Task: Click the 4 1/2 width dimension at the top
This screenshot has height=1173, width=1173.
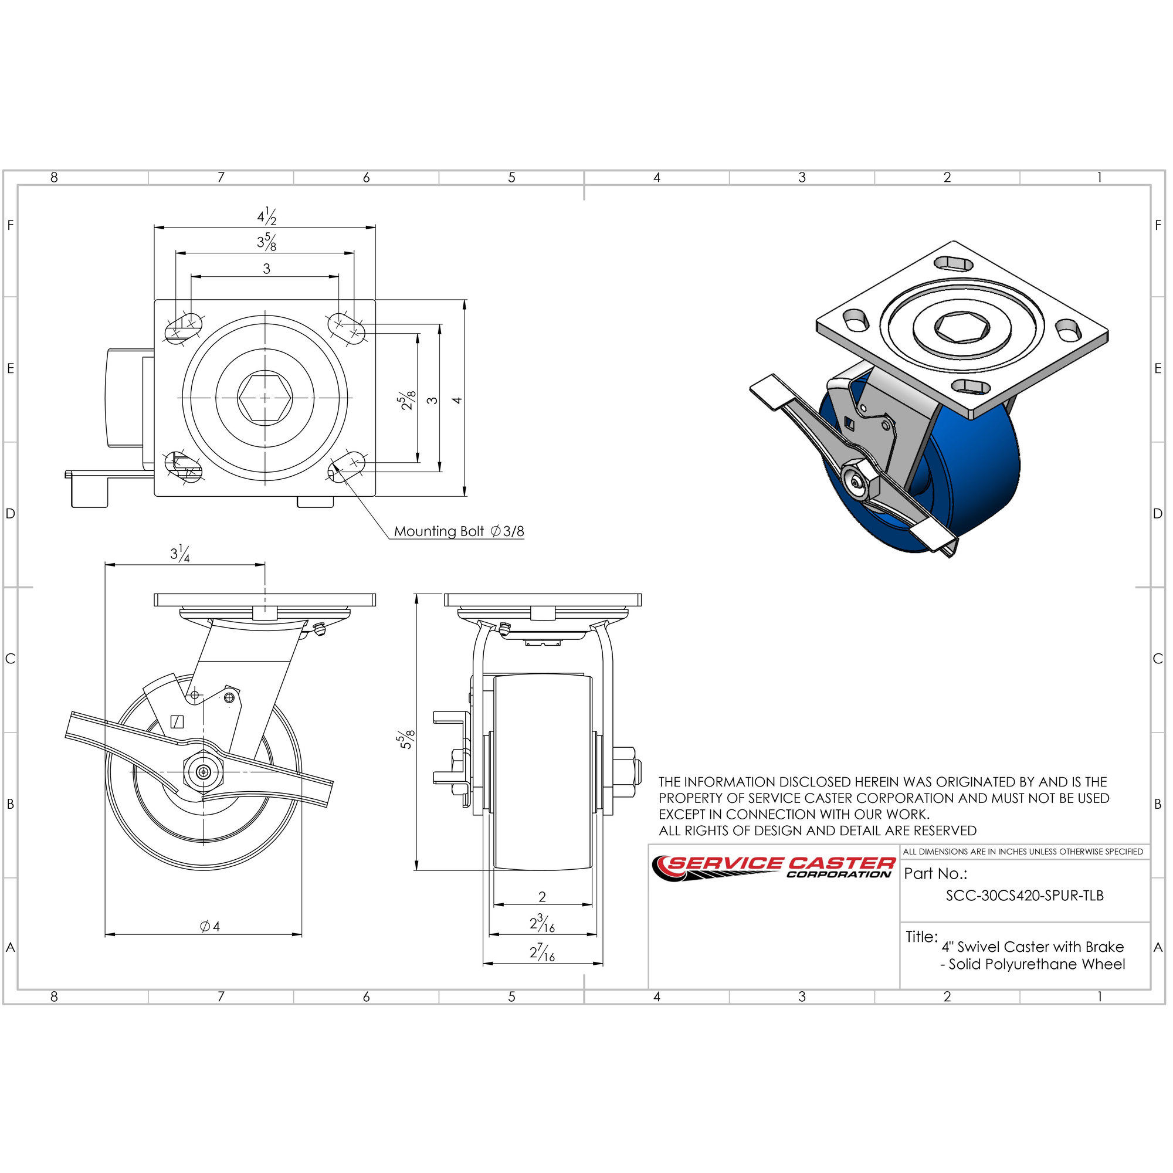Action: pos(266,216)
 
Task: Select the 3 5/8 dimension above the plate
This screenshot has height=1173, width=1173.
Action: pos(266,242)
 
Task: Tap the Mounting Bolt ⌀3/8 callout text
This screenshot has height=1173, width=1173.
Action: pos(459,532)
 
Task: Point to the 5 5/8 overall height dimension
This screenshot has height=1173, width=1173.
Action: pos(406,739)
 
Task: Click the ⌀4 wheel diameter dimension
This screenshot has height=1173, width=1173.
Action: pos(210,926)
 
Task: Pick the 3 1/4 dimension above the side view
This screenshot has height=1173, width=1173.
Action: pos(179,553)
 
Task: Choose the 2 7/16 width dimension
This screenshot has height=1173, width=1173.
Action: pos(542,952)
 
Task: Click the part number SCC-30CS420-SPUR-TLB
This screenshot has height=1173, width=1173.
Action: pos(1025,896)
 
